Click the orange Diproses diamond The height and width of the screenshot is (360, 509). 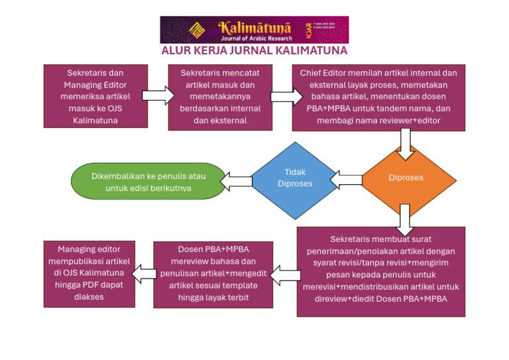coord(406,178)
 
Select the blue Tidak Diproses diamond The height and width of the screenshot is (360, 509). coord(294,178)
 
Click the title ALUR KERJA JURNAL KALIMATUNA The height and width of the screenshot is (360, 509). coord(254,51)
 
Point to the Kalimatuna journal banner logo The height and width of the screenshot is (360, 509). coord(254,30)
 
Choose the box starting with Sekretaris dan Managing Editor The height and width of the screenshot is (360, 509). coord(95,96)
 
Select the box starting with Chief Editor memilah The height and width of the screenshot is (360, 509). coord(378,97)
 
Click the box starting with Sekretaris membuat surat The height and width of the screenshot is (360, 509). coord(380,271)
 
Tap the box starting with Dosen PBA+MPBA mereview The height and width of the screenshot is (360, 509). coord(213,274)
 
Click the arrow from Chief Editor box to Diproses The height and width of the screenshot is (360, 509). coord(406,143)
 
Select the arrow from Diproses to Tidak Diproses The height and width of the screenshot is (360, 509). coord(346,178)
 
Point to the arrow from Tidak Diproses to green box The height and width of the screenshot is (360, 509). coord(236,180)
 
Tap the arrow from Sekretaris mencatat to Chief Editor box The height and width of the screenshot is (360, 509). coord(281,97)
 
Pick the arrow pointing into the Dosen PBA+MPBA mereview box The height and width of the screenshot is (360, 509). coord(285,273)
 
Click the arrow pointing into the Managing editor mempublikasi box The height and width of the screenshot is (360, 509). coord(144,270)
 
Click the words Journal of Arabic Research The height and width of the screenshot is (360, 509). coord(255,38)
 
